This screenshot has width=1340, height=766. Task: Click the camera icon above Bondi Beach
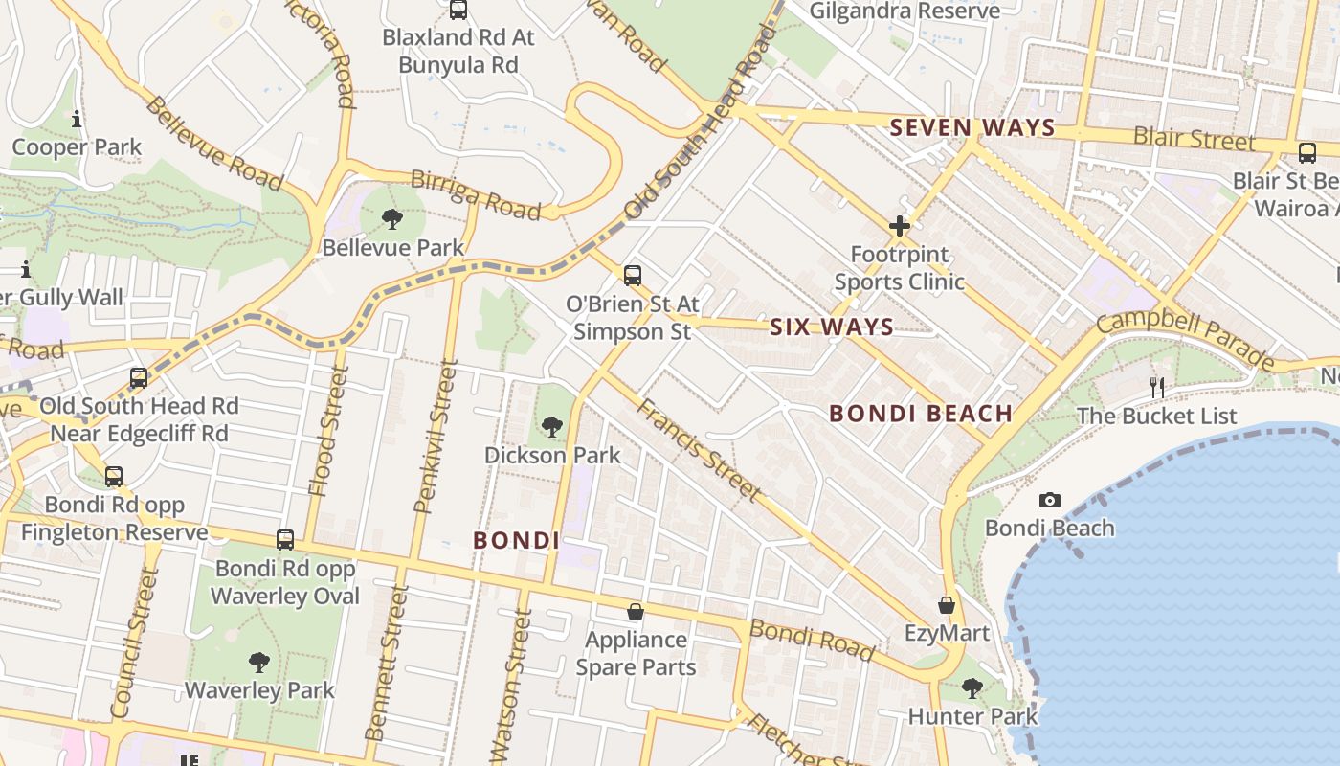point(1049,500)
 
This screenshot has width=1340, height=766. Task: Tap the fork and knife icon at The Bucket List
point(1157,388)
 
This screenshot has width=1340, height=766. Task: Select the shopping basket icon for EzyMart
point(947,605)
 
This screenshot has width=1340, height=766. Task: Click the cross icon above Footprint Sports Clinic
point(899,226)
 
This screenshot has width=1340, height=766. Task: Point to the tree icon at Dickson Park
point(551,427)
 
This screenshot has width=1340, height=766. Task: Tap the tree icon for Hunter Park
point(971,687)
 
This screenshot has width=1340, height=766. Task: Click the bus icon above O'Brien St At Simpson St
point(632,276)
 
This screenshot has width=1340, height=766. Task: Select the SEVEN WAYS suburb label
point(972,127)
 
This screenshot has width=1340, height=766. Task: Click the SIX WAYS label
point(832,327)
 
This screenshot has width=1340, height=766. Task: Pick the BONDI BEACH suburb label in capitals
point(920,414)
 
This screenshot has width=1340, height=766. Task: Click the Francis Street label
point(700,450)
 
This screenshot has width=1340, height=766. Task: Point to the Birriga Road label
point(475,193)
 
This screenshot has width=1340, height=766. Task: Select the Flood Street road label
point(326,431)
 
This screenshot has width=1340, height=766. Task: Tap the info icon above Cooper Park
point(77,120)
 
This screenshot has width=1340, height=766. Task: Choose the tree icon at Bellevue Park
point(391,219)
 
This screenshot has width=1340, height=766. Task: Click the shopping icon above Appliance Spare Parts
point(636,612)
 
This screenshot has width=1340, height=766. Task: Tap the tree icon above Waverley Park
point(258,662)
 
